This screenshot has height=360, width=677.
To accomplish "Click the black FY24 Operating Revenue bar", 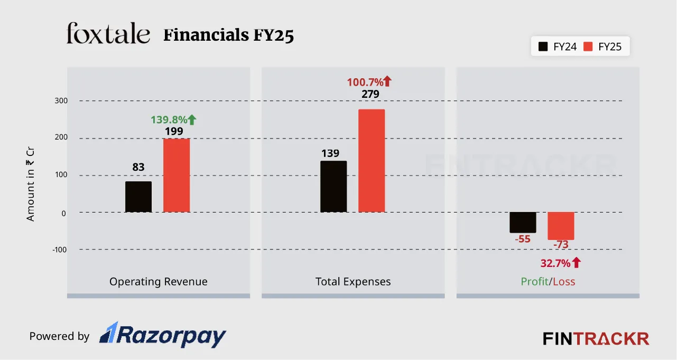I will (138, 197).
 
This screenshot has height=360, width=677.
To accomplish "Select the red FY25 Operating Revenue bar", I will (177, 175).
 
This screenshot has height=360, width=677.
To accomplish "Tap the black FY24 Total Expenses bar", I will (333, 187).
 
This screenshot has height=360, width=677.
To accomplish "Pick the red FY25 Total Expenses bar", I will (372, 161).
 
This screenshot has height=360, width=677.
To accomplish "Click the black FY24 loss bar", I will (523, 222).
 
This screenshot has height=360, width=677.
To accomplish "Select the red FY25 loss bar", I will (561, 226).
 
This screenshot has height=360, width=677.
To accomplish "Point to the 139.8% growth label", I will (173, 120).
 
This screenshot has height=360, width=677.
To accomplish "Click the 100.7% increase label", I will (369, 82).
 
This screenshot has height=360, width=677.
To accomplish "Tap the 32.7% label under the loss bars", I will (560, 263).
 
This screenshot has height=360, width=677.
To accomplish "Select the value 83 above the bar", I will (138, 167).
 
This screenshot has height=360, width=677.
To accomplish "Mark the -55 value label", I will (523, 239).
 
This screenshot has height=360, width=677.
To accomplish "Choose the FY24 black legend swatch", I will (543, 47).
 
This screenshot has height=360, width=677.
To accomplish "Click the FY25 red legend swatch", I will (588, 47).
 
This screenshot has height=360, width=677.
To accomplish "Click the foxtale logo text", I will (108, 34).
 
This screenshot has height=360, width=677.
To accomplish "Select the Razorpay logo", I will (163, 336).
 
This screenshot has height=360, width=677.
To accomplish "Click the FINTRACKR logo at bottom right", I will (596, 338).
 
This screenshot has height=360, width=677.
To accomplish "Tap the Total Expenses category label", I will (353, 282).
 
